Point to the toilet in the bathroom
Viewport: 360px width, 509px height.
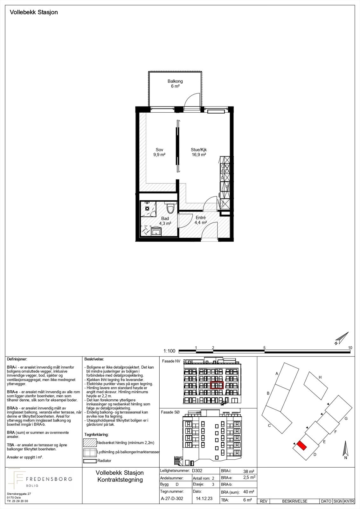(171, 209)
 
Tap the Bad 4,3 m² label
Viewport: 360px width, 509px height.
(165, 221)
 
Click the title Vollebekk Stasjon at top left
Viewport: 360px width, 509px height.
(34, 12)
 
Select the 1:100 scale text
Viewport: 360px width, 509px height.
(169, 351)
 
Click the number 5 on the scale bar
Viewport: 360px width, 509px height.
(264, 348)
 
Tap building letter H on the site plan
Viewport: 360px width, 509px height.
(320, 377)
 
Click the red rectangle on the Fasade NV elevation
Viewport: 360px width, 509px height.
(217, 385)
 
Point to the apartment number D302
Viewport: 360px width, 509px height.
(197, 471)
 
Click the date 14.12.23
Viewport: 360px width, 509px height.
(205, 499)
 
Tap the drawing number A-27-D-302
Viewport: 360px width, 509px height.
(172, 499)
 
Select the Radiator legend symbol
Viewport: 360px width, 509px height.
(90, 461)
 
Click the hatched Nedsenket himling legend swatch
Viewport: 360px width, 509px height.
(90, 443)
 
